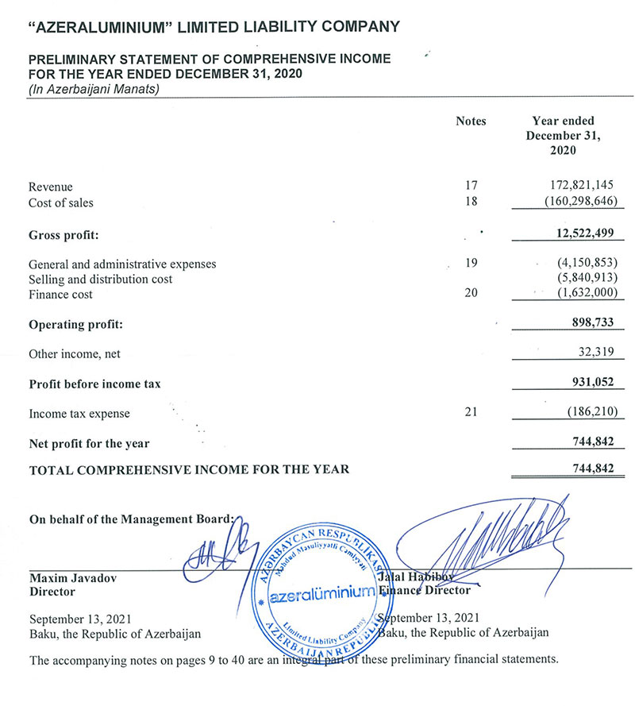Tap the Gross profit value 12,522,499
click(x=581, y=235)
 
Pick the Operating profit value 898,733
click(x=591, y=325)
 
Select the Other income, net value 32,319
click(x=595, y=353)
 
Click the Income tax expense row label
click(x=79, y=414)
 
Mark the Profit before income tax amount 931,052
click(x=591, y=384)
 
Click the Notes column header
click(x=471, y=122)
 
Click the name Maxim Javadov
click(x=73, y=578)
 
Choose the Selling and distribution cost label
click(x=100, y=279)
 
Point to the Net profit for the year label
click(x=89, y=443)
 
